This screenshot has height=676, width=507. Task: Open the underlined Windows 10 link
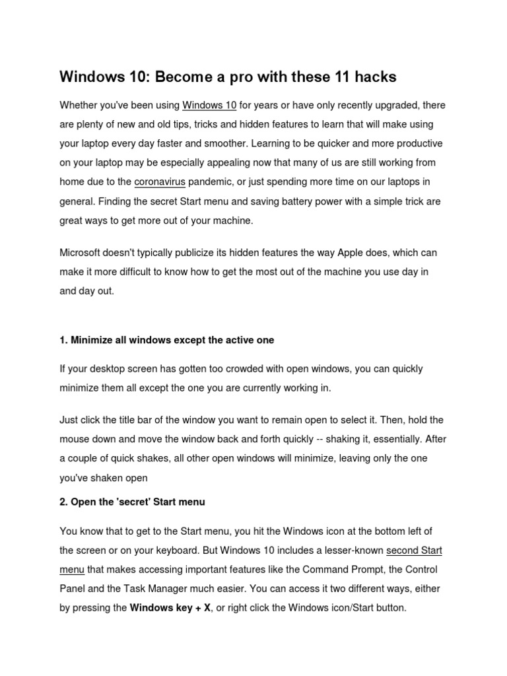(x=209, y=105)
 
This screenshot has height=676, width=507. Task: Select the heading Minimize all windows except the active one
(x=166, y=340)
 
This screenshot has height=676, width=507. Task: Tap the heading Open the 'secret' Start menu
(x=132, y=502)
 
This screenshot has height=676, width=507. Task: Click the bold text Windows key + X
(x=170, y=607)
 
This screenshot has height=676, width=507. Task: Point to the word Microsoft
(x=83, y=253)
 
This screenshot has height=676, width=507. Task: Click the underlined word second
(x=401, y=550)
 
